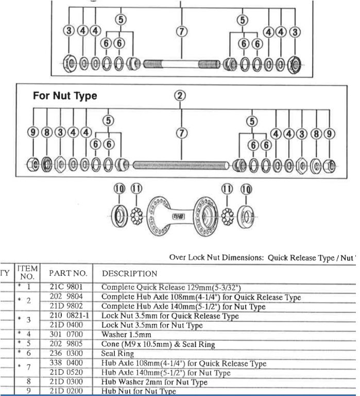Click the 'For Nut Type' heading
(65, 96)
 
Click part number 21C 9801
(66, 287)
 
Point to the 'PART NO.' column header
(68, 273)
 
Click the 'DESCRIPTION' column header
(129, 273)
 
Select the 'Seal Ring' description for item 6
(117, 354)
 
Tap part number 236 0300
(66, 354)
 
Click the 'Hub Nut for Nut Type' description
(139, 391)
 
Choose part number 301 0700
(66, 335)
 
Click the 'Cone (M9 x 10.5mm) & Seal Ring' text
(158, 344)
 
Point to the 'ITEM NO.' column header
(27, 272)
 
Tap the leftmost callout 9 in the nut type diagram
(34, 133)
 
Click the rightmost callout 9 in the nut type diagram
(329, 134)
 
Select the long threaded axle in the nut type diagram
(181, 166)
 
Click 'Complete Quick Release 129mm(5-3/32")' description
(170, 287)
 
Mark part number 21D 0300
(66, 382)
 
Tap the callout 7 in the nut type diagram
(181, 133)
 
